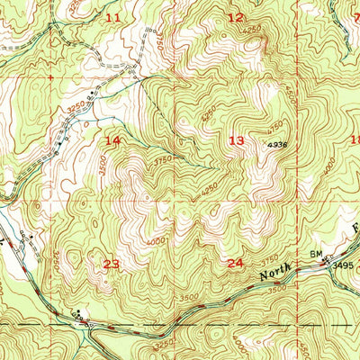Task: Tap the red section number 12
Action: pyautogui.click(x=236, y=17)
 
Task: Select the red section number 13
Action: pyautogui.click(x=237, y=140)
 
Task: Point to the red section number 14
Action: pyautogui.click(x=112, y=141)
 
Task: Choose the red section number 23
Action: pyautogui.click(x=112, y=264)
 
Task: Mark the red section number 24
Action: pyautogui.click(x=236, y=263)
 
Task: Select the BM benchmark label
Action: pyautogui.click(x=316, y=256)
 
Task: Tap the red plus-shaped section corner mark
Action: pyautogui.click(x=50, y=78)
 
